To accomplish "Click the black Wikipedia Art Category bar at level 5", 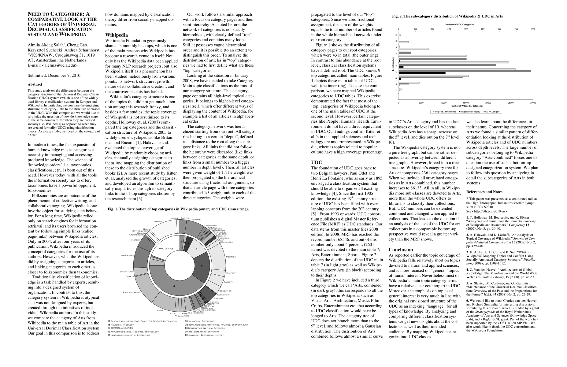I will coord(422,73).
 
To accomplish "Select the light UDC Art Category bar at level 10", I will coord(404,42).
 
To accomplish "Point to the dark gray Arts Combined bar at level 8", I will coord(405,53).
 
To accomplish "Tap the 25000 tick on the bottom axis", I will coord(511,103).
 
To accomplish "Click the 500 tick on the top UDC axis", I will coord(483,29).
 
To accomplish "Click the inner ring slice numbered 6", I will coord(174,286).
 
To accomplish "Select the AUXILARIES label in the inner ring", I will coord(166,248).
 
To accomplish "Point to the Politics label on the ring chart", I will coord(231,257).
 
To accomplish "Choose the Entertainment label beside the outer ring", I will coord(132,292).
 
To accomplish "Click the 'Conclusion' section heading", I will coord(401,250).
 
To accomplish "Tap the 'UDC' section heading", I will coord(316,162).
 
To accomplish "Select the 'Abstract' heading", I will coord(35,84).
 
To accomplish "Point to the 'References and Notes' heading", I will coord(484,192).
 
